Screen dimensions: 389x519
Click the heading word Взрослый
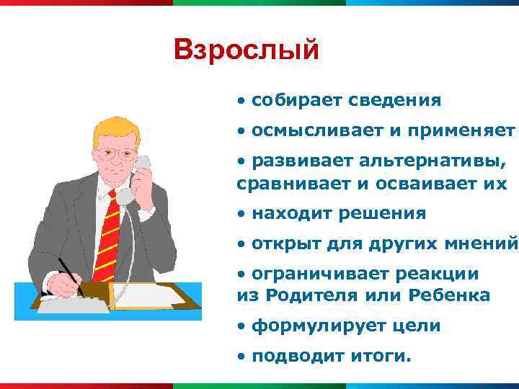246,50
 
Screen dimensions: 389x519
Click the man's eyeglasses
117,153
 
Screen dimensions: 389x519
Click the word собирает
296,100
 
